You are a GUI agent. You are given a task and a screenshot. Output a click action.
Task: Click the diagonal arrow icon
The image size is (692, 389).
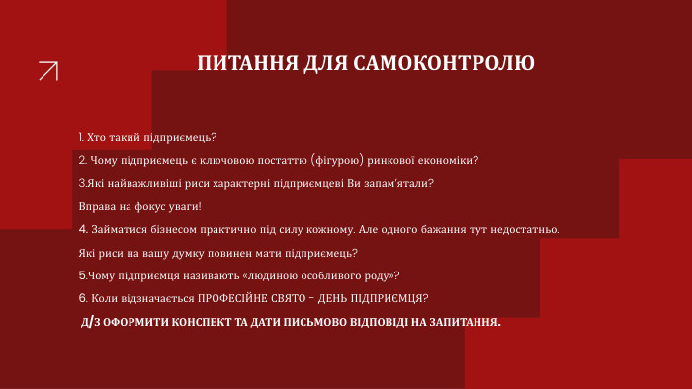pos(47,71)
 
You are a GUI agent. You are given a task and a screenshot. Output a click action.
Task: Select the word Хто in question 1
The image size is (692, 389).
pos(98,136)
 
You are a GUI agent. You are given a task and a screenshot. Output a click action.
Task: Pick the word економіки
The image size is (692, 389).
pos(451,160)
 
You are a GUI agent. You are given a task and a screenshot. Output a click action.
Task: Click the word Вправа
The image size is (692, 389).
pos(96,206)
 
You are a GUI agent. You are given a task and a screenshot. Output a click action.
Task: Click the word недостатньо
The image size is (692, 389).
pos(520,229)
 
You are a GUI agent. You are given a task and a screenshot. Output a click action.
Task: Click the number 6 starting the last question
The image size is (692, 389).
pos(82,298)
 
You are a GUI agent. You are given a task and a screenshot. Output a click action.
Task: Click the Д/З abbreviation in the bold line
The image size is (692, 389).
pos(90,322)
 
